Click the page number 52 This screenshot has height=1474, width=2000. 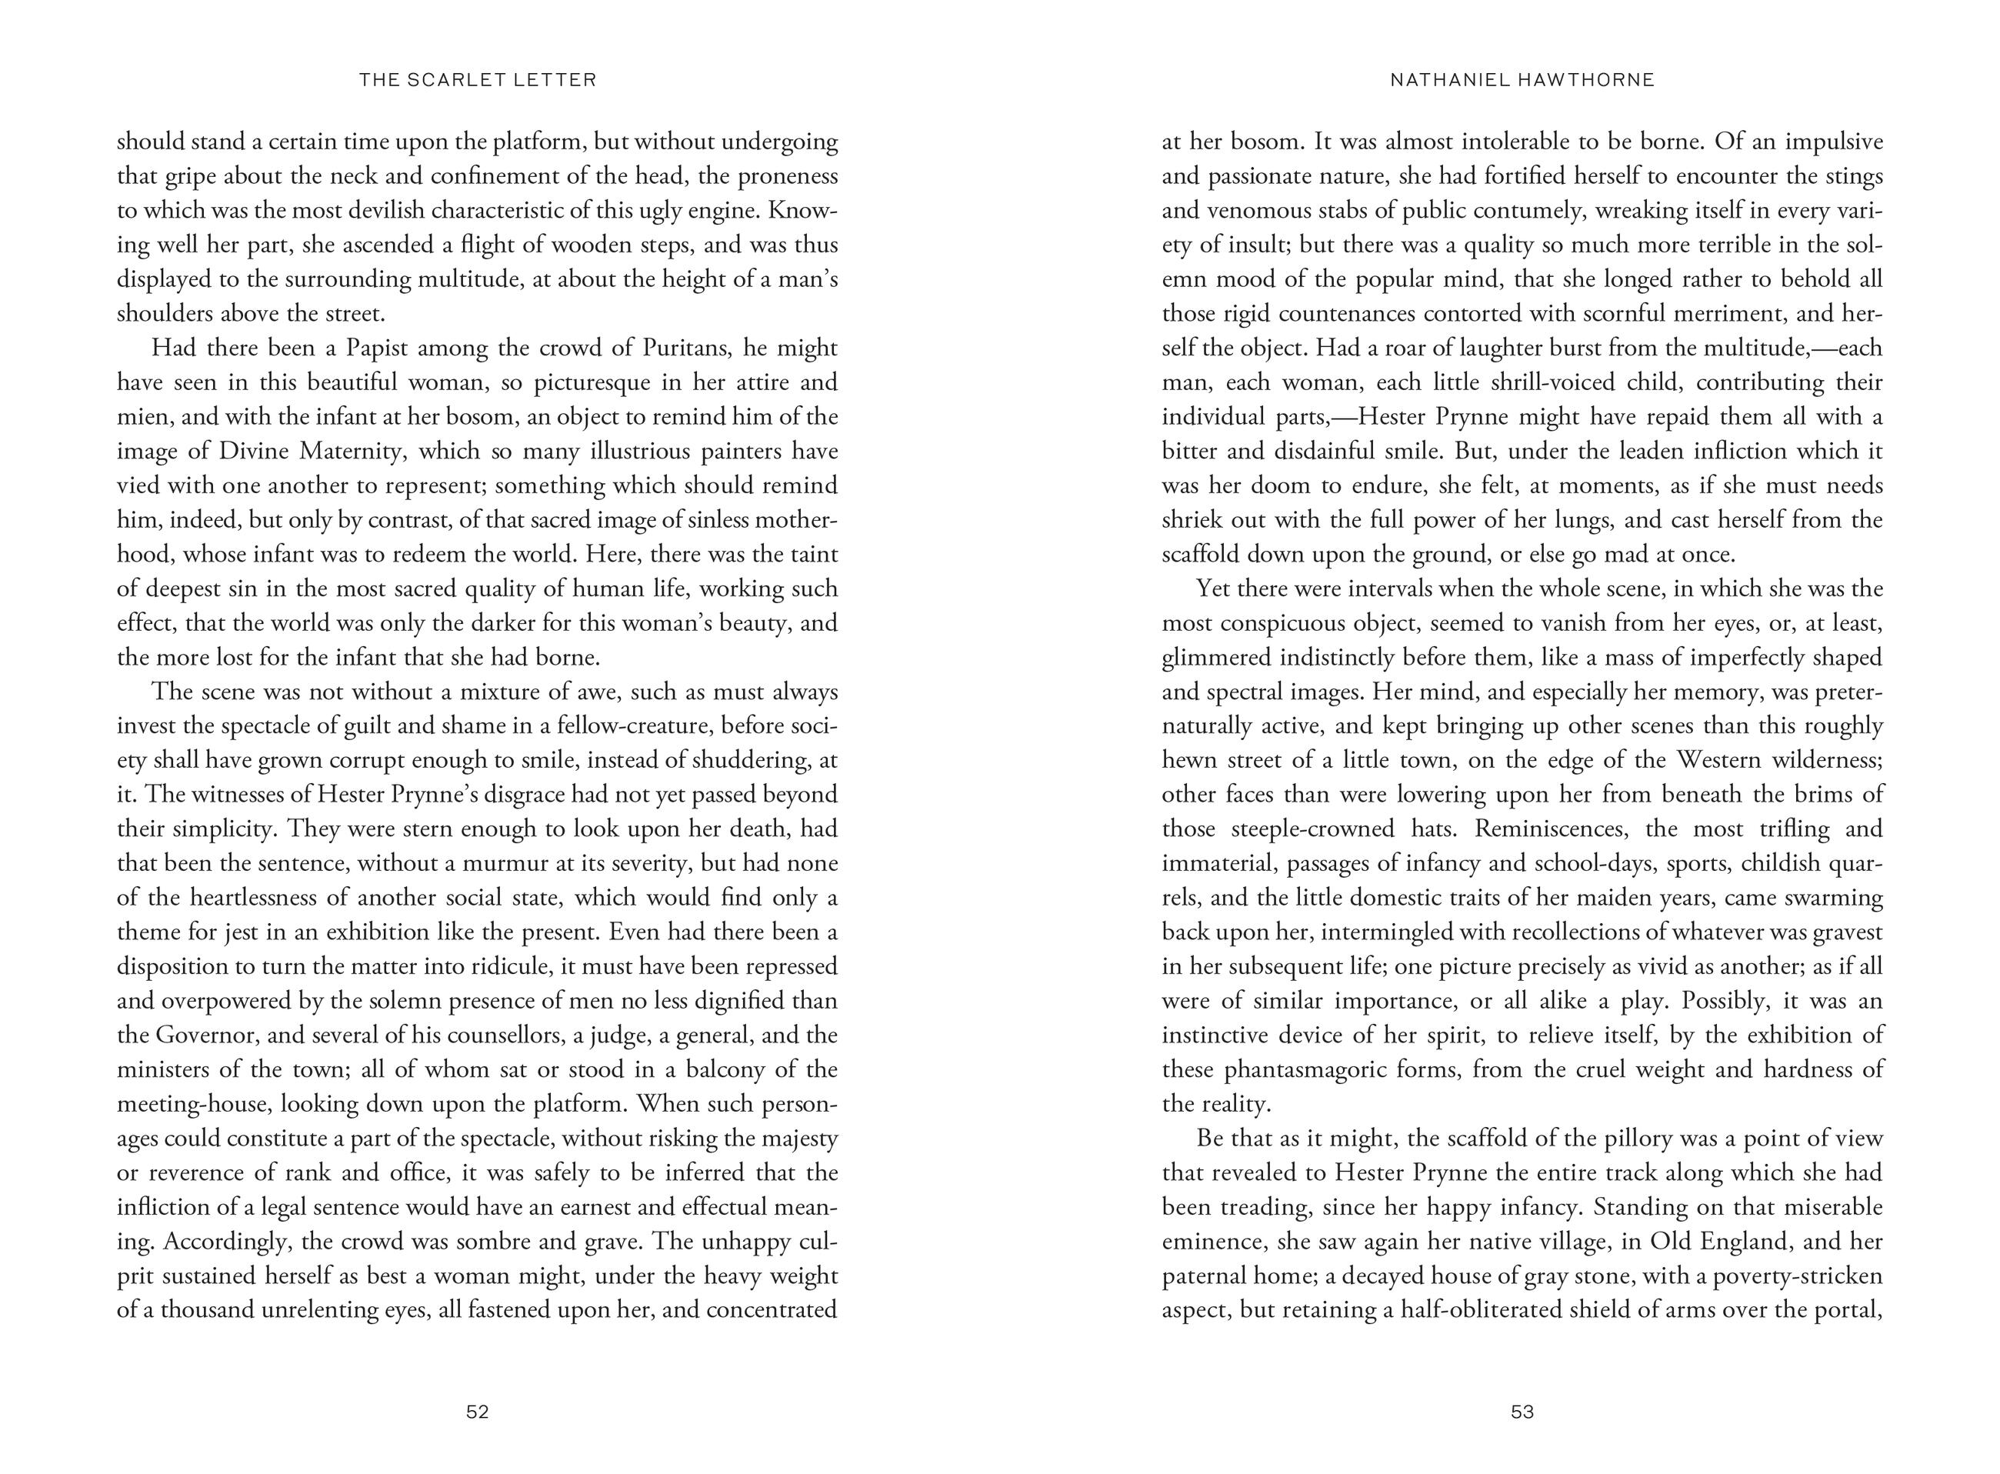pyautogui.click(x=477, y=1412)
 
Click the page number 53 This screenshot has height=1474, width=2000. pyautogui.click(x=1522, y=1412)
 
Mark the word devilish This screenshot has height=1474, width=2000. pyautogui.click(x=468, y=211)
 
